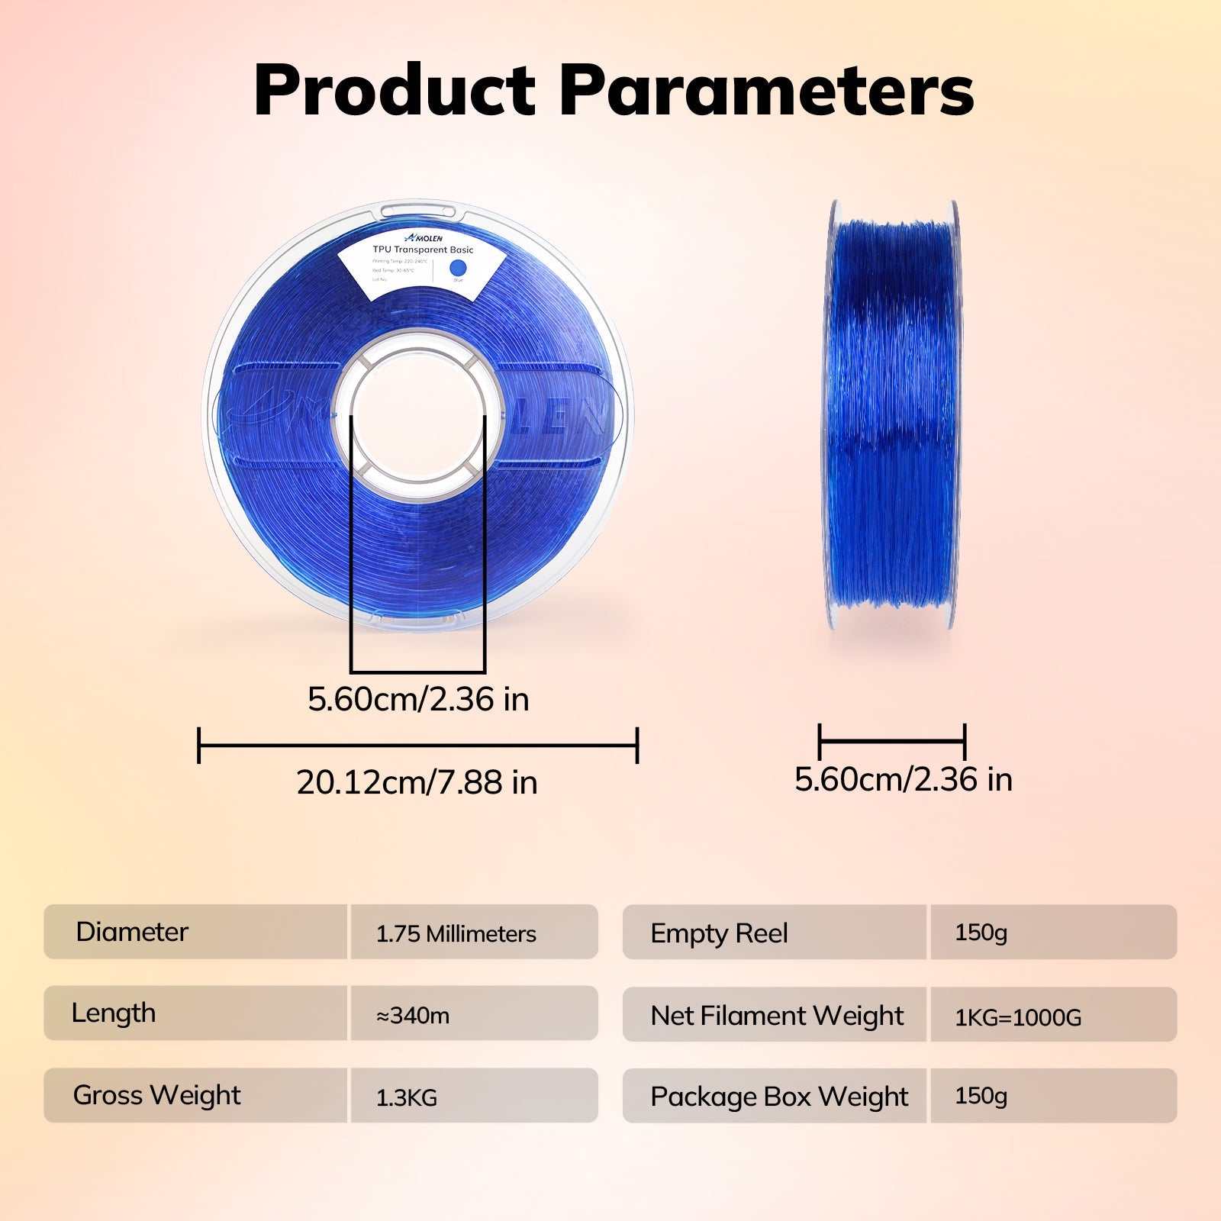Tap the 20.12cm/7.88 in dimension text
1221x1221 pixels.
(417, 782)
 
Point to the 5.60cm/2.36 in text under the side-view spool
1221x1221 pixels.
(903, 779)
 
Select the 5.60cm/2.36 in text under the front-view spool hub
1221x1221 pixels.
(418, 699)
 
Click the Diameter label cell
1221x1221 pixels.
(132, 932)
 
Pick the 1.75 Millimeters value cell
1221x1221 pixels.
(456, 933)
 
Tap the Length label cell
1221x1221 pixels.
(114, 1013)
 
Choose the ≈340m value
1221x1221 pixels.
(413, 1016)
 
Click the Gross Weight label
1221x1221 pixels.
(156, 1095)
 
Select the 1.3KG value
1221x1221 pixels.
(407, 1097)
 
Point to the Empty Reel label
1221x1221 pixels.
(719, 933)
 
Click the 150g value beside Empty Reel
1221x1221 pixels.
(981, 933)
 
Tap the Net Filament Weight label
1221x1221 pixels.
(777, 1016)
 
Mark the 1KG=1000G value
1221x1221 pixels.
(1018, 1017)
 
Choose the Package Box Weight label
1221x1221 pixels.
(779, 1097)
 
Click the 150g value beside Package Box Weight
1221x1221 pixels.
(981, 1096)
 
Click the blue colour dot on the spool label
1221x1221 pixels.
(458, 268)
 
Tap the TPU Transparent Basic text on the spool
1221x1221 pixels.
(423, 250)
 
